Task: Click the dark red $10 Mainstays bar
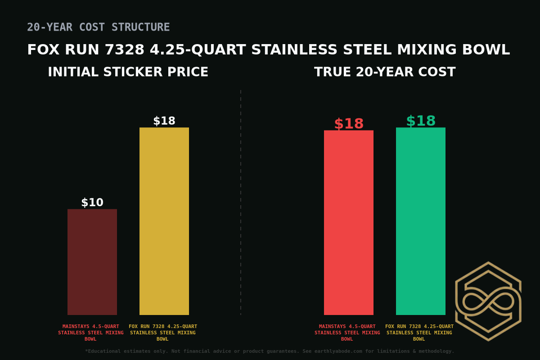[92, 262]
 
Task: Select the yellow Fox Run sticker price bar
[164, 221]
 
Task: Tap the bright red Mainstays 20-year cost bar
[349, 222]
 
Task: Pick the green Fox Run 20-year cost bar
[421, 221]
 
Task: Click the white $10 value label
[92, 202]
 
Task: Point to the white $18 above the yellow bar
[164, 121]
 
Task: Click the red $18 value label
[349, 124]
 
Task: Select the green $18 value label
[421, 121]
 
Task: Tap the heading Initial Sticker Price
[128, 72]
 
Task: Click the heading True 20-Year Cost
[385, 72]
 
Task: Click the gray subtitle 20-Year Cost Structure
[98, 27]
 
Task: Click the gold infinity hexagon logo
[488, 301]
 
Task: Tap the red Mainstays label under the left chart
[91, 333]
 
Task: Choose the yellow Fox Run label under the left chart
[163, 333]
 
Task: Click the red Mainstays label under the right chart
[347, 333]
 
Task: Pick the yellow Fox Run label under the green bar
[419, 333]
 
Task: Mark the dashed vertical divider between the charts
[241, 202]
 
